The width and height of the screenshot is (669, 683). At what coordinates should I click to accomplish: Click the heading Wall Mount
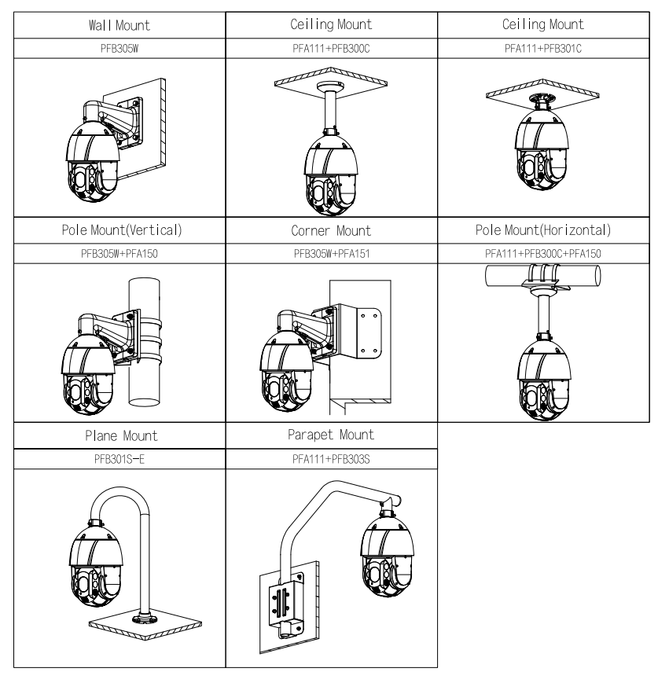(x=119, y=26)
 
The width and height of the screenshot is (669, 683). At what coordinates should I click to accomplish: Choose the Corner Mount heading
(x=331, y=233)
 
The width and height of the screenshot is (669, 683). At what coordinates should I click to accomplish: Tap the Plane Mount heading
(x=119, y=436)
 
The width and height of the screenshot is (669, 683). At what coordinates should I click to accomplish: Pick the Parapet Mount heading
(x=331, y=435)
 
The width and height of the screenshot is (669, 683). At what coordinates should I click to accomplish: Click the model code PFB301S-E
(x=119, y=458)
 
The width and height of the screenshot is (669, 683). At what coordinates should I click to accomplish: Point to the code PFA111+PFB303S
(x=331, y=458)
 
